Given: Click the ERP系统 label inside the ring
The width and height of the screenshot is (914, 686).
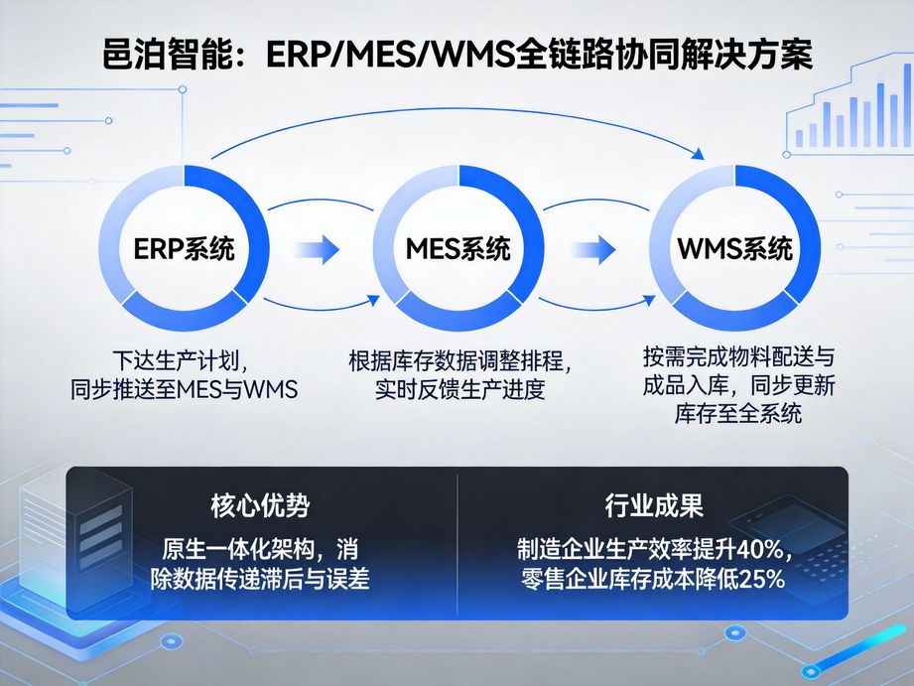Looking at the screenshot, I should pos(185,248).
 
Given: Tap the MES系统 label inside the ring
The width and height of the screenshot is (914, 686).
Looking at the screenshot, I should pos(458,248).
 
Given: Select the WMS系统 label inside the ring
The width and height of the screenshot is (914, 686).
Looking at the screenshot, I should pos(734,247).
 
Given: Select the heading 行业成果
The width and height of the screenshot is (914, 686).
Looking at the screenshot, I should pos(654,506).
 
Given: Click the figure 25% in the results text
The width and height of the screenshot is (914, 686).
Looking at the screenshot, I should pos(759,580).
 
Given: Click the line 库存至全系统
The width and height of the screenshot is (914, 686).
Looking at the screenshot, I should pos(737,414).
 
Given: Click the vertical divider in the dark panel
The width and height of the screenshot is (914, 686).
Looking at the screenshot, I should pos(457,542).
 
